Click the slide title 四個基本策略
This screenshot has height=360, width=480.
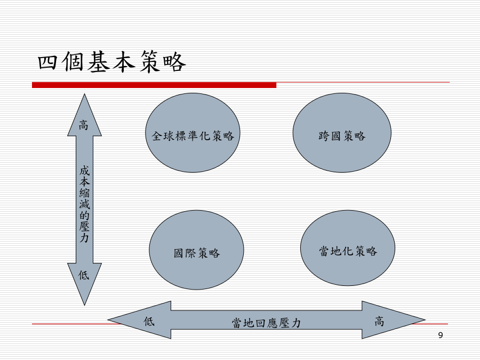(x=112, y=62)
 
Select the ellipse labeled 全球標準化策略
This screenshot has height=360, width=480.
(x=193, y=133)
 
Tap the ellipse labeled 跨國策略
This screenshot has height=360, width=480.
(x=342, y=133)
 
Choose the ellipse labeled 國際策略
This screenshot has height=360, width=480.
(x=196, y=250)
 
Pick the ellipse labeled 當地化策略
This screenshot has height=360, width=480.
(x=348, y=248)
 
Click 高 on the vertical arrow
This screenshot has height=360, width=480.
(x=84, y=125)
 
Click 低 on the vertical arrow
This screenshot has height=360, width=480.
(x=84, y=275)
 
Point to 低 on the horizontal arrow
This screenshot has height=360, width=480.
(x=149, y=321)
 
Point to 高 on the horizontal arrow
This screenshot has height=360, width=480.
(x=379, y=322)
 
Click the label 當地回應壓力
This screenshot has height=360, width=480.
(x=266, y=323)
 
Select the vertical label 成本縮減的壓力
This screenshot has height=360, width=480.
(x=84, y=204)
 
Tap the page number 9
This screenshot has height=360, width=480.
(x=441, y=335)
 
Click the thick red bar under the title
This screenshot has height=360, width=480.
(x=154, y=85)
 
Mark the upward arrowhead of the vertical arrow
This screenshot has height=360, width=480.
(x=84, y=115)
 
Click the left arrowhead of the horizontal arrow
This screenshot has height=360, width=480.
(x=139, y=320)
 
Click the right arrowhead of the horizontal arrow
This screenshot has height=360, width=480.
(x=394, y=320)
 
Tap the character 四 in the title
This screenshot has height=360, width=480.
(x=47, y=62)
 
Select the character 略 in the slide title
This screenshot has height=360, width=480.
(x=174, y=62)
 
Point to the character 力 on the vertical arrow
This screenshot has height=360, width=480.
(x=84, y=238)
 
